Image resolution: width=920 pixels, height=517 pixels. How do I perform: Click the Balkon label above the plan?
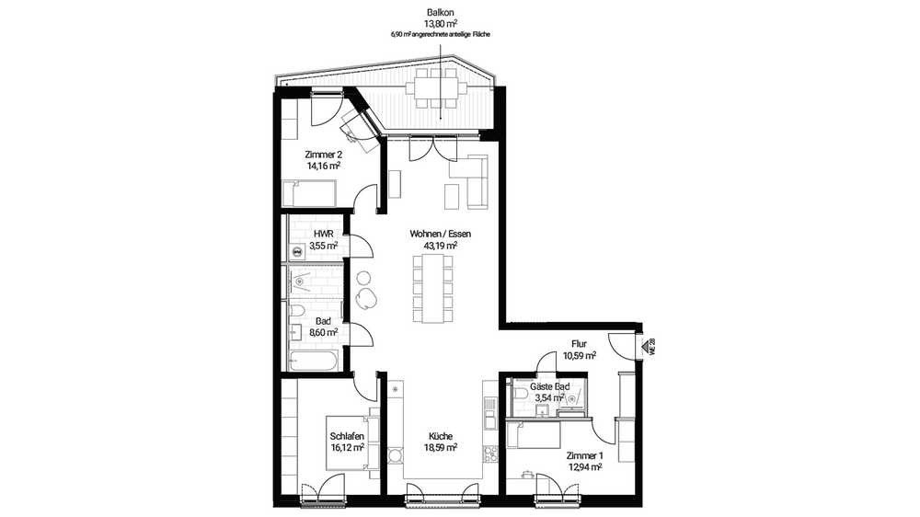coord(440,12)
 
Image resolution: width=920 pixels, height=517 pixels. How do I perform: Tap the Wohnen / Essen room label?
coord(440,234)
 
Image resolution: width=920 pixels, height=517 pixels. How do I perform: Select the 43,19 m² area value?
coord(440,246)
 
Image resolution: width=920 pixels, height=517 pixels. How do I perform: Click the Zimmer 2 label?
coord(323,155)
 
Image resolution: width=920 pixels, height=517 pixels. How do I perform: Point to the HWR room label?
coord(323,234)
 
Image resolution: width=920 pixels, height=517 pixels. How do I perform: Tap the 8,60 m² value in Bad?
coord(323,332)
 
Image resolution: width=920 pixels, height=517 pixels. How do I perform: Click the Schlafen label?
coord(347,436)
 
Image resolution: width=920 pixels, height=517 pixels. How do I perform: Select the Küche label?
coord(440,436)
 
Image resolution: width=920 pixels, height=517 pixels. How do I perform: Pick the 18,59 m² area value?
coord(440,447)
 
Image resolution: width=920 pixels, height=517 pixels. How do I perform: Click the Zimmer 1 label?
coord(584,455)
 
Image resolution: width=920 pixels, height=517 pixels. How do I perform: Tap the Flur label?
coord(579,344)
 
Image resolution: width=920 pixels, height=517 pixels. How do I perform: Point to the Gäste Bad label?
coord(549,386)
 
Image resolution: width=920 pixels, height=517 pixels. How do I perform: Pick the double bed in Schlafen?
coord(349,442)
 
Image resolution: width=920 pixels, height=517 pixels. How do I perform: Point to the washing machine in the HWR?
coord(297,252)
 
